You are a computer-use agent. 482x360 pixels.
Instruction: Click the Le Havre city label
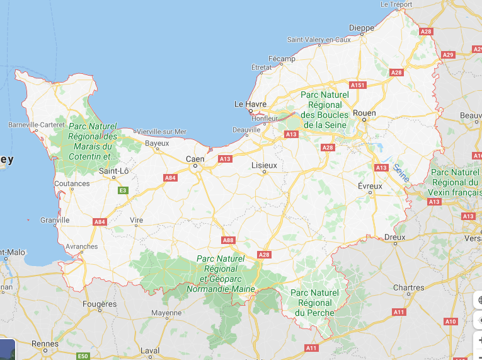[250, 104]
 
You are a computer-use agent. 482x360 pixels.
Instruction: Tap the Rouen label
[364, 113]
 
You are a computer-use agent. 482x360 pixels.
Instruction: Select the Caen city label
[195, 159]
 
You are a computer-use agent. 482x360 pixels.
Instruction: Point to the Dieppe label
[361, 28]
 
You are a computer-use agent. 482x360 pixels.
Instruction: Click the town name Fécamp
[281, 59]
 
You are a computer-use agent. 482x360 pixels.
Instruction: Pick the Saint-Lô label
[114, 171]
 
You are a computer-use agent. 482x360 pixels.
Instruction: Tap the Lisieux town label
[264, 165]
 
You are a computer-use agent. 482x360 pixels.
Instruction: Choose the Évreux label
[370, 186]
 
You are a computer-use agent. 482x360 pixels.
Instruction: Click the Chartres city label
[408, 287]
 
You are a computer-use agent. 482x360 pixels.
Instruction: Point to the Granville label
[55, 220]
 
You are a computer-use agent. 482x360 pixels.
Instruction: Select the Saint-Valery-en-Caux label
[319, 40]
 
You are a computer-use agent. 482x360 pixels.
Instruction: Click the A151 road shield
[358, 85]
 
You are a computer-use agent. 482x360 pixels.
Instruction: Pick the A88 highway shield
[228, 240]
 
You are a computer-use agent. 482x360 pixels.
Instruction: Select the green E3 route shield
[123, 190]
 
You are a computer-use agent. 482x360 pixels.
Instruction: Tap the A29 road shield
[448, 55]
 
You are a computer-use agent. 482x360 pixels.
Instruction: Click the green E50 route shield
[83, 356]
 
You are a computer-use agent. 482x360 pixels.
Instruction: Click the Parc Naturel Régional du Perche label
[315, 303]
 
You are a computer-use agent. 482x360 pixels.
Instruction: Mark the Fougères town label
[100, 304]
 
